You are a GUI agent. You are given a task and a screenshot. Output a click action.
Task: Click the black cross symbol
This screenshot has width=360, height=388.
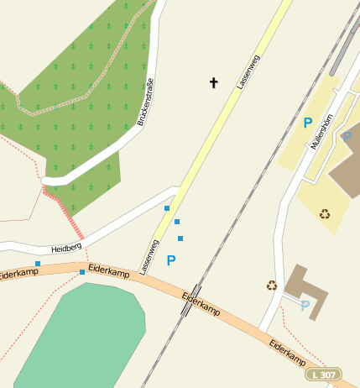(x=214, y=82)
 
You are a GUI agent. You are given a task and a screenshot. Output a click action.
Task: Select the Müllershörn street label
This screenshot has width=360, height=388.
(x=321, y=131)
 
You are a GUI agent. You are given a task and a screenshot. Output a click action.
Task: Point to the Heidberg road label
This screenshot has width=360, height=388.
(x=65, y=249)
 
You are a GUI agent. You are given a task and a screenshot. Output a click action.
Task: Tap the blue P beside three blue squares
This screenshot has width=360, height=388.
(x=171, y=261)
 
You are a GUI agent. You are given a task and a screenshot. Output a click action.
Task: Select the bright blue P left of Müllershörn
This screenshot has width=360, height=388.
(x=308, y=123)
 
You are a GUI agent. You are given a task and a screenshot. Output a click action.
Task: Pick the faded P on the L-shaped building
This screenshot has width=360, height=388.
(x=305, y=306)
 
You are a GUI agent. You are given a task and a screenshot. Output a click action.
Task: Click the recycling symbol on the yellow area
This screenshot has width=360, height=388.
(x=325, y=213)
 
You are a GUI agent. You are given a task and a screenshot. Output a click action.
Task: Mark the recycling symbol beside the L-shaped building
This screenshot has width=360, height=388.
(x=272, y=286)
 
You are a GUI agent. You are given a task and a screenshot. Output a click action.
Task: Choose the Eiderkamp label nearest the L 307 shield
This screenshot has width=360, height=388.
(x=287, y=353)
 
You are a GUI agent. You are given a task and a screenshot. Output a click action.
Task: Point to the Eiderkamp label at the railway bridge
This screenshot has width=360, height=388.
(x=201, y=303)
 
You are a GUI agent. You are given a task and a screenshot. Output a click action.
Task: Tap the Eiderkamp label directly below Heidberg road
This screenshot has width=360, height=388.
(x=109, y=273)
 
